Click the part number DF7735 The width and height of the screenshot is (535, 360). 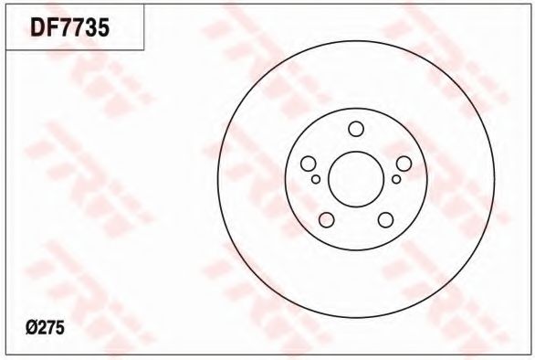pyautogui.click(x=69, y=27)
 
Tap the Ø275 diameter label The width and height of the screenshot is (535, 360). pyautogui.click(x=45, y=328)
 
